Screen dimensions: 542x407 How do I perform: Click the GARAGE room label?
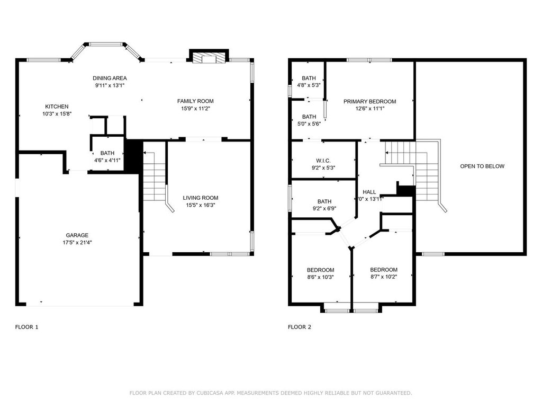[x=77, y=235]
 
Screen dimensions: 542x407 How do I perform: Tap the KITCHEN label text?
[x=57, y=107]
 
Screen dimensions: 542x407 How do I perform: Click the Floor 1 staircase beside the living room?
[x=155, y=176]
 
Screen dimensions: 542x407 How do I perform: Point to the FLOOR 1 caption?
[x=26, y=327]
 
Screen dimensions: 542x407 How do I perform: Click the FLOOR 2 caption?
[x=300, y=327]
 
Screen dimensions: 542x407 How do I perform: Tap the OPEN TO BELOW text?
[x=482, y=166]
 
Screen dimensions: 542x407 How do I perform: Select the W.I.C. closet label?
[x=323, y=161]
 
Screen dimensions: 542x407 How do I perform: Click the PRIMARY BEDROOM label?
[x=370, y=101]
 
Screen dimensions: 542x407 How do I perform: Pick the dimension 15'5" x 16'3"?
[x=201, y=205]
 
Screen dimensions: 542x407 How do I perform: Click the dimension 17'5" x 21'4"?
[x=77, y=243]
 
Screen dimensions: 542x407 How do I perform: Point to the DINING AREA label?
[x=110, y=78]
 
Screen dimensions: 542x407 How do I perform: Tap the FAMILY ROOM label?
[x=195, y=101]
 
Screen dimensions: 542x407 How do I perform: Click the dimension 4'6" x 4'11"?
[x=107, y=160]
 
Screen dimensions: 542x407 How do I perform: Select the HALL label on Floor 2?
[x=369, y=192]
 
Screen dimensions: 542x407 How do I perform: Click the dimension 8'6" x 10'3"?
[x=320, y=277]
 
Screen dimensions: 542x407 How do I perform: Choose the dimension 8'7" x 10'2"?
[x=384, y=277]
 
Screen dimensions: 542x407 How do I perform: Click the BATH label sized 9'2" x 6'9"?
[x=324, y=201]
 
